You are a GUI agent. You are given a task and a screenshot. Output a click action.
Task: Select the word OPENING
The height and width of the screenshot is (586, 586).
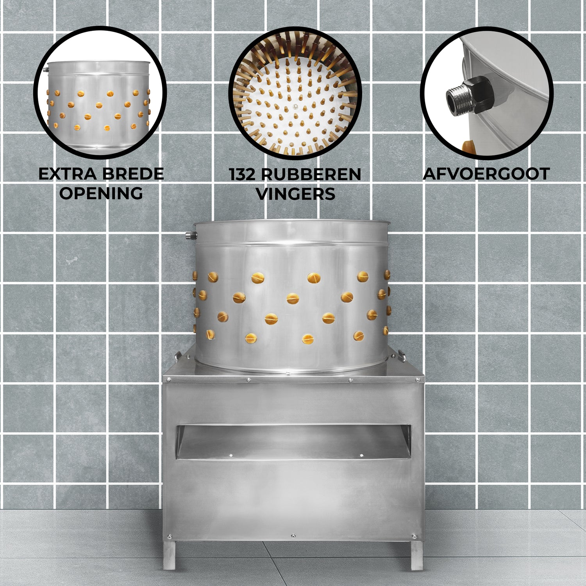pos(101,193)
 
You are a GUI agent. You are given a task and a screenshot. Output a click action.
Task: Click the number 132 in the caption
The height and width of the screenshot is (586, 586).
pos(243,174)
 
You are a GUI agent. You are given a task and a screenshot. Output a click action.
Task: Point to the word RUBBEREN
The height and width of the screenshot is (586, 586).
pos(311,174)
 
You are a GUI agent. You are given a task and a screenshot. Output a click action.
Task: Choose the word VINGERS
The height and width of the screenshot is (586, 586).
pos(295,194)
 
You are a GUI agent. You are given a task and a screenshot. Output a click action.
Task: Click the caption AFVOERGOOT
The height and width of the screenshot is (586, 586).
pos(486,174)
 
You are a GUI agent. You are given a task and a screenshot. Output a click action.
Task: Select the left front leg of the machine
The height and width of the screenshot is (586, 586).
pos(170,554)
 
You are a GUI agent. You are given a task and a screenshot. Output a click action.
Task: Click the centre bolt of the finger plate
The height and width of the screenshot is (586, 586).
pos(296,106)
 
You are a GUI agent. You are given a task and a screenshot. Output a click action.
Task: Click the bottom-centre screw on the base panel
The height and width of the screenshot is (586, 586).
pos(293,536)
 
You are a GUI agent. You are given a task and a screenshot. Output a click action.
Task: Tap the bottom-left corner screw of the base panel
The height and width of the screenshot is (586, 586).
pos(169,536)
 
